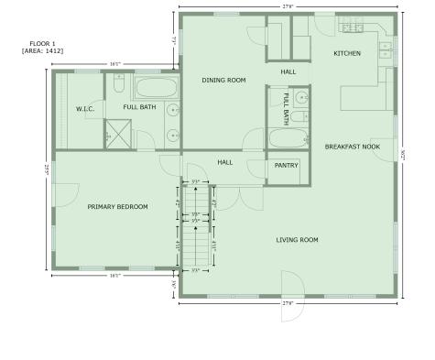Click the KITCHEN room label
347,53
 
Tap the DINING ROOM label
223,81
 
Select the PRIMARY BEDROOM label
117,207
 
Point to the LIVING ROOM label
297,240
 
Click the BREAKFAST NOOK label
353,147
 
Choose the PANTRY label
287,166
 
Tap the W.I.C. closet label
85,109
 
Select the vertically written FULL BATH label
287,108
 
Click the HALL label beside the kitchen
288,71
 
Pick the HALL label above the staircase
224,162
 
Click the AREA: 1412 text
42,49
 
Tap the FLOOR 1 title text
42,42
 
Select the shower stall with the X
118,136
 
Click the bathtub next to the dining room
158,89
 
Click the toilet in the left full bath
119,84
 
